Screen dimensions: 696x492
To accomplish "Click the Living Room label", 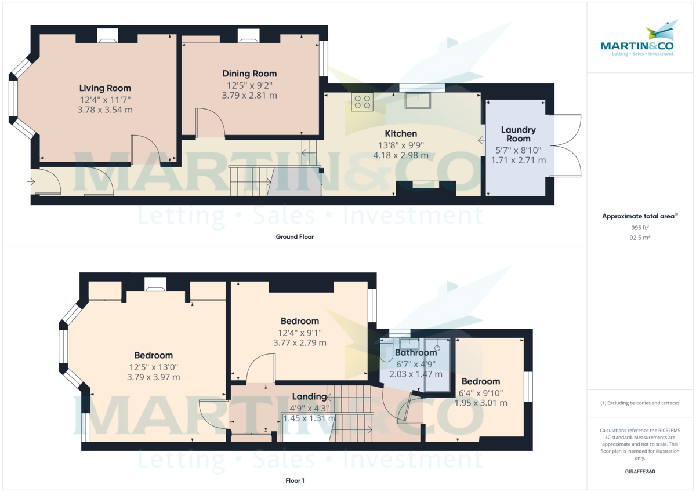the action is (105, 88).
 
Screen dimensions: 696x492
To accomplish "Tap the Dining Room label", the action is (249, 74).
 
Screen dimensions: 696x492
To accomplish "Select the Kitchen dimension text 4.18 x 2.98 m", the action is (401, 155).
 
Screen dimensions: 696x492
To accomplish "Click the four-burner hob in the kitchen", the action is (362, 102).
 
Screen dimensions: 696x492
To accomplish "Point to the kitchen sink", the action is (418, 100).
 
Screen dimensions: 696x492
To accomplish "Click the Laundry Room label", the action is (519, 134).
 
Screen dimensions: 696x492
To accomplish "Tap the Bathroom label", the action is (416, 353).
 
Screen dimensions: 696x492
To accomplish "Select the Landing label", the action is (309, 396).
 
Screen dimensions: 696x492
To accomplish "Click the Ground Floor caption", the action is (295, 237).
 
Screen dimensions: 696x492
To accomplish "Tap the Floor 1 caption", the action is (295, 480).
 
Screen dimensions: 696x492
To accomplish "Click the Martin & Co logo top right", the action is (637, 38).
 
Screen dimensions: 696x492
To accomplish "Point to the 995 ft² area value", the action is (640, 228).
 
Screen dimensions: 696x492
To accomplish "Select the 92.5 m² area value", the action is (640, 238).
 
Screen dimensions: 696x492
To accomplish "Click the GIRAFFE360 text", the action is (640, 472).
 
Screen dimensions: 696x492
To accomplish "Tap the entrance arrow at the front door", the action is (31, 181).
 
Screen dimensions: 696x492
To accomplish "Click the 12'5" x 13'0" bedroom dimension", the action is (154, 367).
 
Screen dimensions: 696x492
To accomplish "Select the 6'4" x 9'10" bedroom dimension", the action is (481, 393).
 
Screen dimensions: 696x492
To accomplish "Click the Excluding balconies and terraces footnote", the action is (640, 403).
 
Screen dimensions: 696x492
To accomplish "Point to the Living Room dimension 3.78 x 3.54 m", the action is (105, 110).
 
